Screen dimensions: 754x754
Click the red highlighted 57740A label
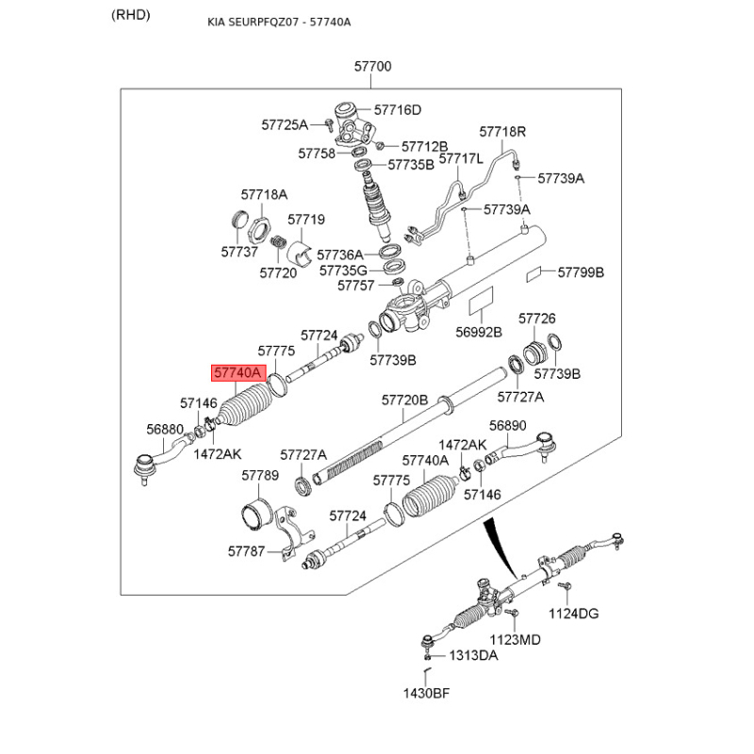point(238,373)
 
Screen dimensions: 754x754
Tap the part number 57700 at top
point(373,67)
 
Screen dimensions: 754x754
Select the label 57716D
point(398,109)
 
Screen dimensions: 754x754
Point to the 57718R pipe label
point(502,132)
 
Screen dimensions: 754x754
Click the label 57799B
point(581,272)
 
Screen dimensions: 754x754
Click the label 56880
point(165,429)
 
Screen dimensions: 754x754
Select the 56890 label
point(507,425)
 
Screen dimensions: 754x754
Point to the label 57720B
point(405,400)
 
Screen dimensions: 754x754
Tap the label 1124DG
point(574,614)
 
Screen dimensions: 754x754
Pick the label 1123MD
point(516,639)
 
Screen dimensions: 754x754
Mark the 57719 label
point(306,220)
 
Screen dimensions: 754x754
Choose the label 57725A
point(285,124)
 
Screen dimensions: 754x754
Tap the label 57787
point(247,550)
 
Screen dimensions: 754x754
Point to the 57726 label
point(537,320)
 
